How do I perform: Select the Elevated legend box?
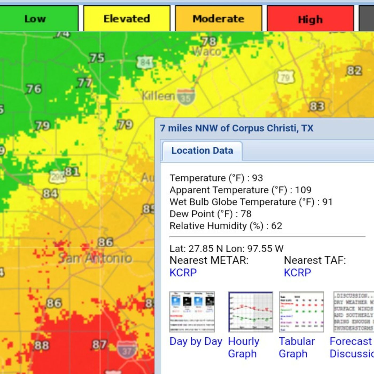tap(127, 19)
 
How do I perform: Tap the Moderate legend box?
tap(219, 19)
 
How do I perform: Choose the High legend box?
tap(310, 19)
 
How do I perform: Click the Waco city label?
tap(207, 51)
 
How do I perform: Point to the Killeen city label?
tap(158, 96)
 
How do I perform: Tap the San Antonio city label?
tap(95, 258)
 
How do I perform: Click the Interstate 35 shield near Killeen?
tap(186, 97)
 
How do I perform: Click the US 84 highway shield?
tap(145, 63)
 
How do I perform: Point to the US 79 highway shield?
tap(285, 77)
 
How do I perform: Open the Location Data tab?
tap(202, 151)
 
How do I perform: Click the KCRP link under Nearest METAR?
tap(183, 272)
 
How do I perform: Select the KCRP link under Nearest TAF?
tap(297, 272)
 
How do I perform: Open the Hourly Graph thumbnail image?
tap(250, 312)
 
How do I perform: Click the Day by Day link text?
tap(196, 341)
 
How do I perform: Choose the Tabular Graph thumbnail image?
tap(301, 312)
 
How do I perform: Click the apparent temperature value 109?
tap(303, 190)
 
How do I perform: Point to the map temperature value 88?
tap(41, 345)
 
